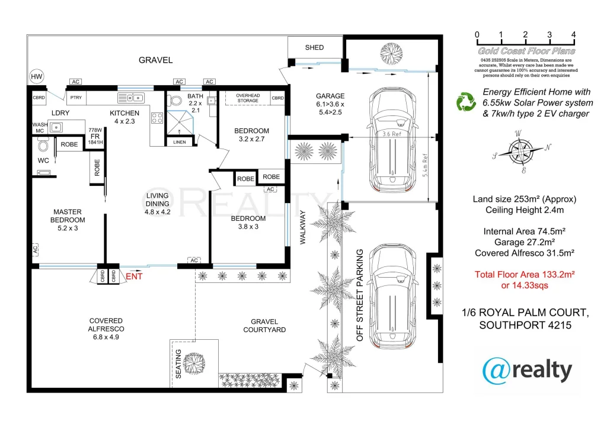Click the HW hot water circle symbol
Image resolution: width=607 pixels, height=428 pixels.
click(x=37, y=77)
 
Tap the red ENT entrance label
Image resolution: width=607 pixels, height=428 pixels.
click(x=134, y=275)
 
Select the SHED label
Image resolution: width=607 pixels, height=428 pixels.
click(x=314, y=47)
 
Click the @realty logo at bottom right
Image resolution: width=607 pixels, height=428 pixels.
click(x=528, y=371)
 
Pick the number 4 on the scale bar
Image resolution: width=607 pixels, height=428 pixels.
click(x=573, y=34)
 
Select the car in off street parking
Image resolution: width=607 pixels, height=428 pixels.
click(x=391, y=300)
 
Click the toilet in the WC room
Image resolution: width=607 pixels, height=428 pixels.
click(x=43, y=145)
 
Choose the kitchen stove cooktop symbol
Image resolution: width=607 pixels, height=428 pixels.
click(x=158, y=118)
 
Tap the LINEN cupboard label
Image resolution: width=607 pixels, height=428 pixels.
click(x=180, y=142)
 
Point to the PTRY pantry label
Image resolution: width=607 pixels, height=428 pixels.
click(x=76, y=98)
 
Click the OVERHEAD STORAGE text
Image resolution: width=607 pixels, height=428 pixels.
click(x=248, y=98)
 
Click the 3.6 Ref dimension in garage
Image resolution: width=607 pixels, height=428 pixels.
click(x=391, y=134)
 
